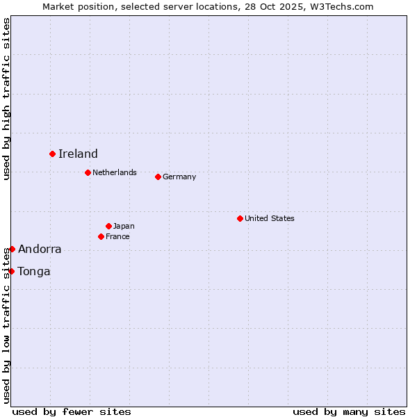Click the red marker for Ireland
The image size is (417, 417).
point(52,154)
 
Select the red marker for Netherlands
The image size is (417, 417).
point(88,172)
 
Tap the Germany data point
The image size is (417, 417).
point(158,177)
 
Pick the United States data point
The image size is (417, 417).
point(240,218)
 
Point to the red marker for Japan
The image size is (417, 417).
point(108,226)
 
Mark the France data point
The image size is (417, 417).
point(101,236)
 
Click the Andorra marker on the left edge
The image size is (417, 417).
point(12,249)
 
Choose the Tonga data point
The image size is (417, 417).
point(12,271)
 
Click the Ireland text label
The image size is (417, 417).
point(78,154)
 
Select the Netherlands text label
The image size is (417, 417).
point(115,172)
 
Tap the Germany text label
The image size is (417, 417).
point(179,177)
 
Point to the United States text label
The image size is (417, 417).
point(270,218)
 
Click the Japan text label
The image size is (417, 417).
point(124,226)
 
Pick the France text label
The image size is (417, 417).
point(117,236)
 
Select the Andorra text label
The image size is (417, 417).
point(40,250)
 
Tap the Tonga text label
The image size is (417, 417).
point(34,272)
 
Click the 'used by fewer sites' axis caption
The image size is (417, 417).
point(72,411)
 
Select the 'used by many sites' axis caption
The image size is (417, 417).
point(349,411)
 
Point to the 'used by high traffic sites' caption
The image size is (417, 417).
point(6,99)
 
